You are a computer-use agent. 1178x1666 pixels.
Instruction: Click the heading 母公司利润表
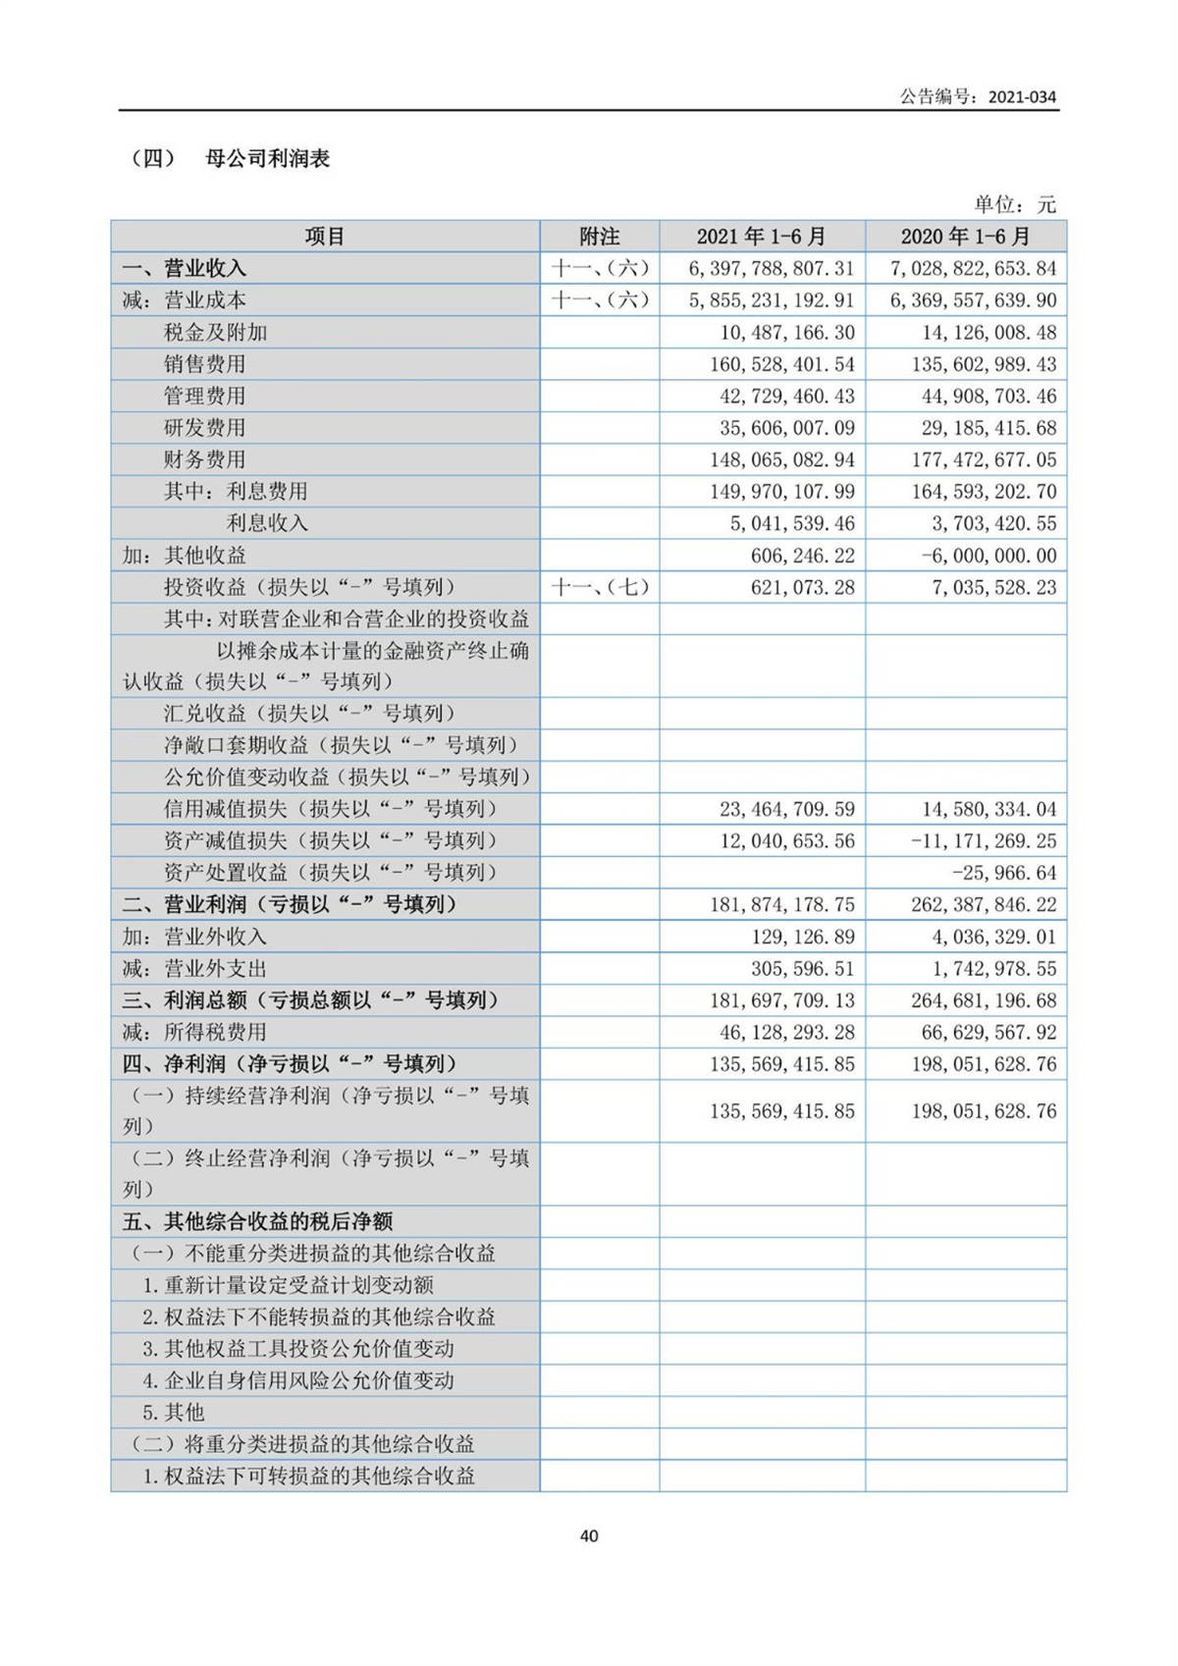click(267, 158)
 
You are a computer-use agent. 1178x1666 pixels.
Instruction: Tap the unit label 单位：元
click(1015, 204)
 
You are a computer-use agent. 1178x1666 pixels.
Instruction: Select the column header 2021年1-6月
click(761, 237)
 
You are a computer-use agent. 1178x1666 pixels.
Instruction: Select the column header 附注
click(599, 237)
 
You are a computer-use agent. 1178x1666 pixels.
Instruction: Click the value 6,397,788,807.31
click(772, 268)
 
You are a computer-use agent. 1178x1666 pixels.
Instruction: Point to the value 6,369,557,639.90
click(973, 300)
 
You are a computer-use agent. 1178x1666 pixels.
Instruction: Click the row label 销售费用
click(204, 364)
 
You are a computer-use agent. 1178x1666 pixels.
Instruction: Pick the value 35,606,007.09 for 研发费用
click(788, 428)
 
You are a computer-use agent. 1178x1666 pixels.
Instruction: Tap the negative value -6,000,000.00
click(989, 556)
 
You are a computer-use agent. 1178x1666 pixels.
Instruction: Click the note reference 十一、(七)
click(599, 587)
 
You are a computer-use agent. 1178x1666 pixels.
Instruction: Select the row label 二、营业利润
click(290, 904)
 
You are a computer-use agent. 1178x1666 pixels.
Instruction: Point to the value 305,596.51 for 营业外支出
click(803, 969)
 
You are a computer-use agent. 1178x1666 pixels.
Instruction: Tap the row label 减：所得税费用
click(194, 1032)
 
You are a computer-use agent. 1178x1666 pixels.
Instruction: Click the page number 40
click(589, 1535)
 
